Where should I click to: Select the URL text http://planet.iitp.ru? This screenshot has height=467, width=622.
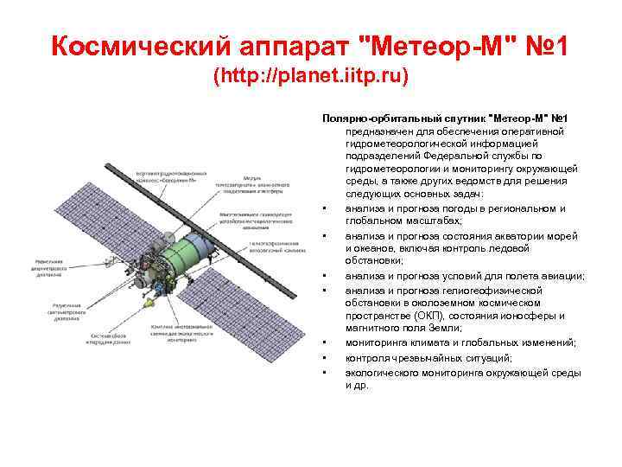coord(310,77)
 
